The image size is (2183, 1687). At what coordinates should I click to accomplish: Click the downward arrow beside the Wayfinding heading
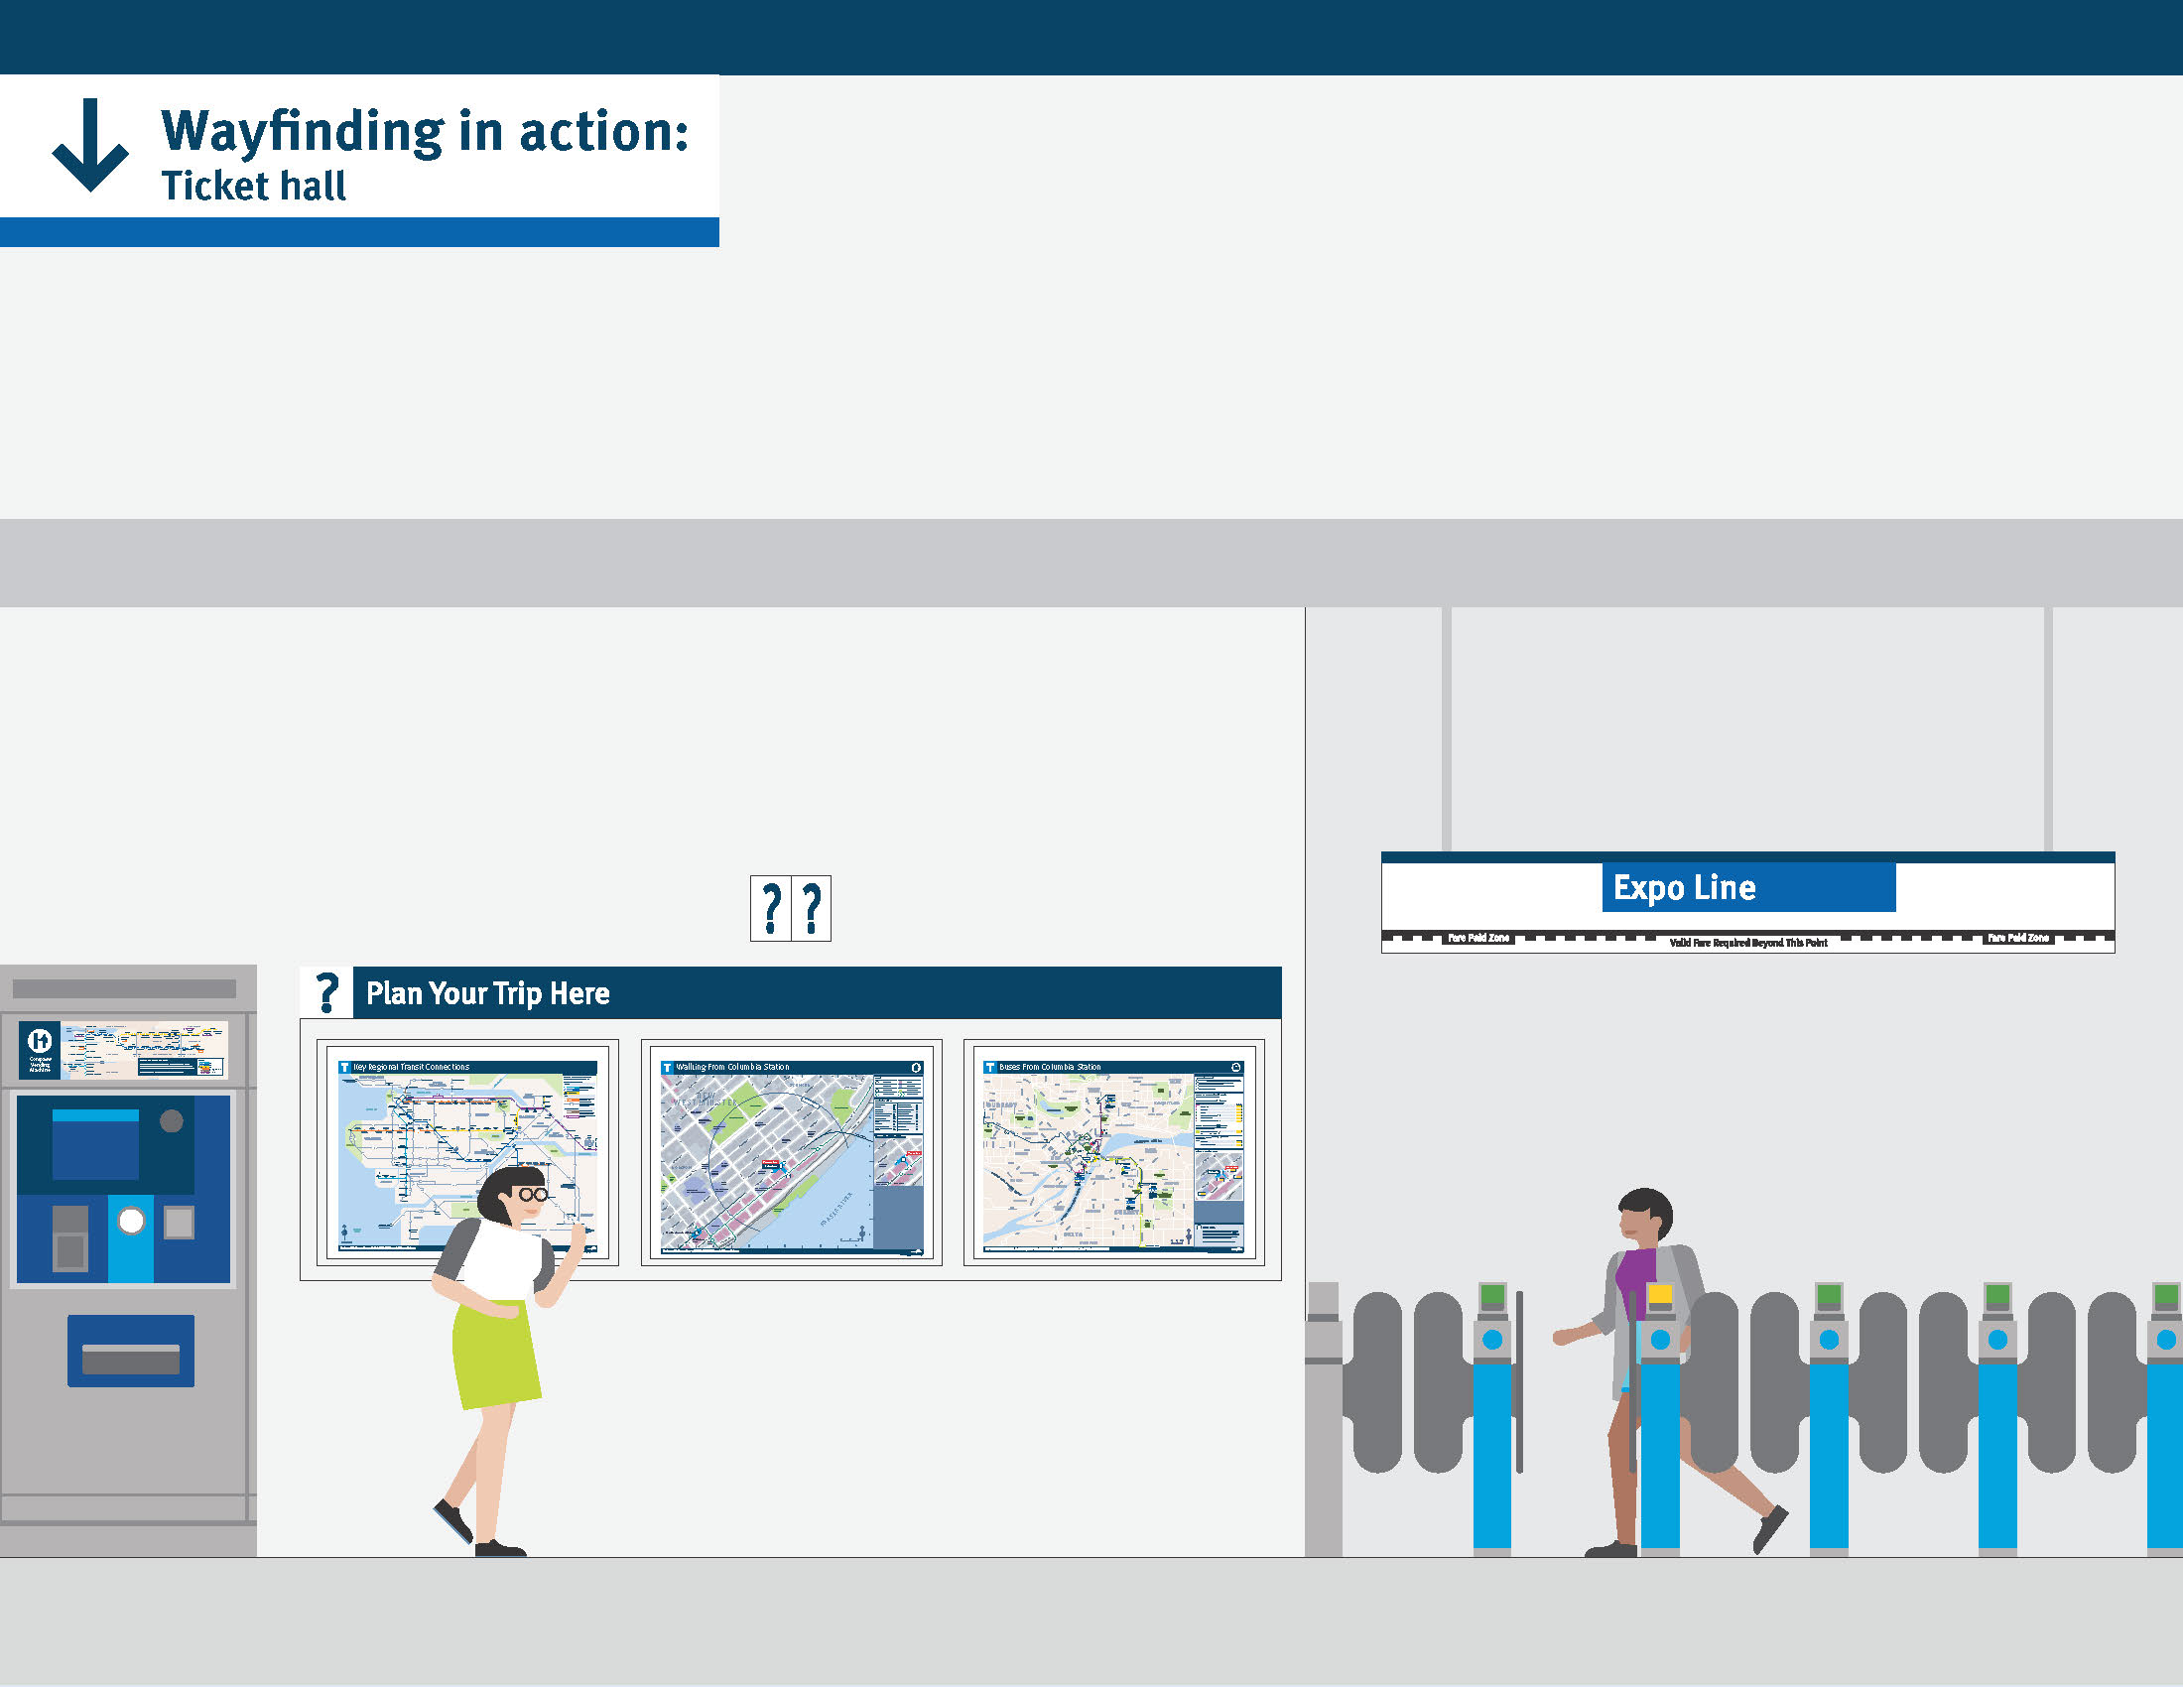point(90,145)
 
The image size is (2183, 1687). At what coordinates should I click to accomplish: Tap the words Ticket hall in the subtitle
point(254,187)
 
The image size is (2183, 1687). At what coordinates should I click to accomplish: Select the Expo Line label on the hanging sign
point(1685,887)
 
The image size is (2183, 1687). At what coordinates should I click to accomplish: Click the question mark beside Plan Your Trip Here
point(326,993)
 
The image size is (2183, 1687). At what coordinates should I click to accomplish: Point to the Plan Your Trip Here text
point(488,993)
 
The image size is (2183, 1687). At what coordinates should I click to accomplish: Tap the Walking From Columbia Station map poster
point(791,1153)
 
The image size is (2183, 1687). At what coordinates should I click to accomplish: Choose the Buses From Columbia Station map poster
point(1113,1153)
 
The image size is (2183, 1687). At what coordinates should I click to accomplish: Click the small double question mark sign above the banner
point(790,908)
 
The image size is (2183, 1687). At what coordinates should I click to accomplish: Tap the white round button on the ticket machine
point(131,1221)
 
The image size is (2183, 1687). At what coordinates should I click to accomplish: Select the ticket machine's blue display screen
point(95,1144)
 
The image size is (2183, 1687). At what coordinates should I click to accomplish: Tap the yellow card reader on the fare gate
point(1660,1294)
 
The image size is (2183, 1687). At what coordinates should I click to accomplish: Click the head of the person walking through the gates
point(1644,1215)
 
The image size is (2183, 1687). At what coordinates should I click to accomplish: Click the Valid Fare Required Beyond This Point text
point(1748,943)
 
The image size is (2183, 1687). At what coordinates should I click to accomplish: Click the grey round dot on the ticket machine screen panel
point(172,1121)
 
